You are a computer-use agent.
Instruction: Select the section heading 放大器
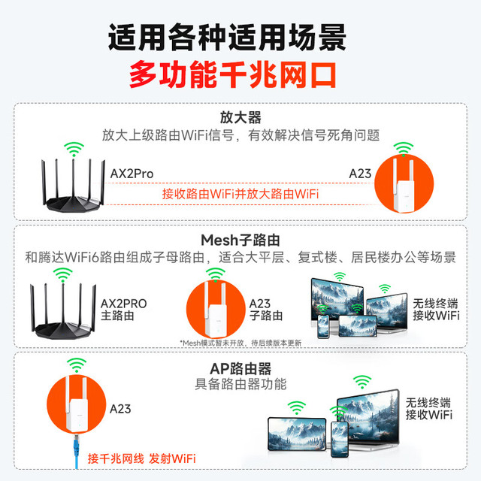point(240,118)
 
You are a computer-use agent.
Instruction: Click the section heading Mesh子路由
point(240,240)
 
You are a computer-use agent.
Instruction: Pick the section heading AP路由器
point(240,368)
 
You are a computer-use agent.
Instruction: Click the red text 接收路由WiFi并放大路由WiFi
point(240,194)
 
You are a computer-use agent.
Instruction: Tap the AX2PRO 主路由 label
point(123,310)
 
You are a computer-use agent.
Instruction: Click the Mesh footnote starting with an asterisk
point(240,343)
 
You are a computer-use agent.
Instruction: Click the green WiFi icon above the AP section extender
point(76,365)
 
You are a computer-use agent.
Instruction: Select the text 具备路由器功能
point(240,385)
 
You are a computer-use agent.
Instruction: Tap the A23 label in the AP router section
point(120,410)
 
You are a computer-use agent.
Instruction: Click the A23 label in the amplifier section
point(360,174)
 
